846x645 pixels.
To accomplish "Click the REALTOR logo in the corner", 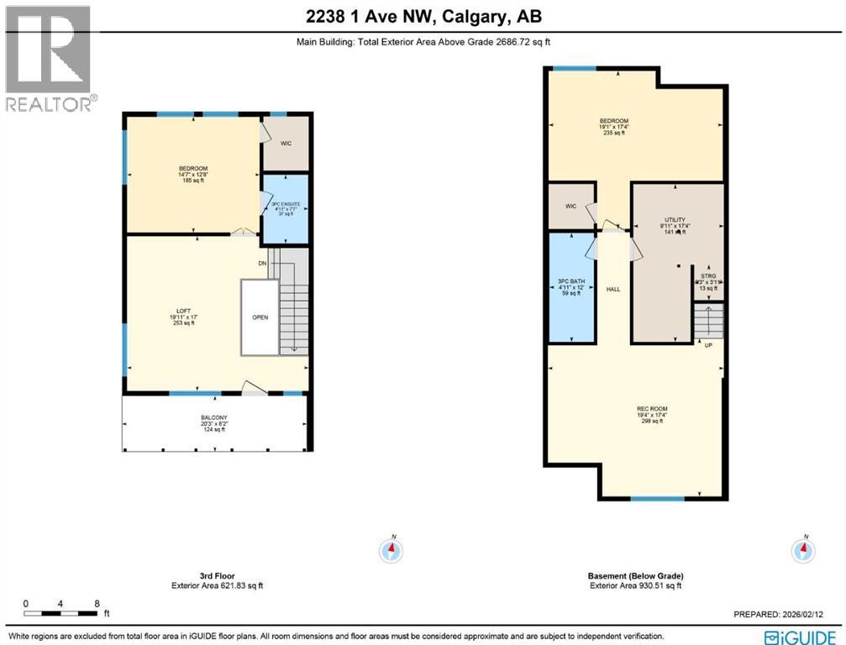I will pyautogui.click(x=48, y=58).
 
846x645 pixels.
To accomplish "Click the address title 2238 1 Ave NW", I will pyautogui.click(x=423, y=17).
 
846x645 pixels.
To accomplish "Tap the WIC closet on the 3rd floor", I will pyautogui.click(x=286, y=144).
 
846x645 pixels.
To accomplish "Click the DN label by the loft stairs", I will pyautogui.click(x=262, y=262).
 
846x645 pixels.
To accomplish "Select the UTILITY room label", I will pyautogui.click(x=675, y=221).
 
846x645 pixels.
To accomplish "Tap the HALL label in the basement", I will pyautogui.click(x=613, y=289).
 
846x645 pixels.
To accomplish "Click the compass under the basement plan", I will pyautogui.click(x=804, y=550).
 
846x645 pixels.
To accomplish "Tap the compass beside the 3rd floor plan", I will pyautogui.click(x=391, y=550).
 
